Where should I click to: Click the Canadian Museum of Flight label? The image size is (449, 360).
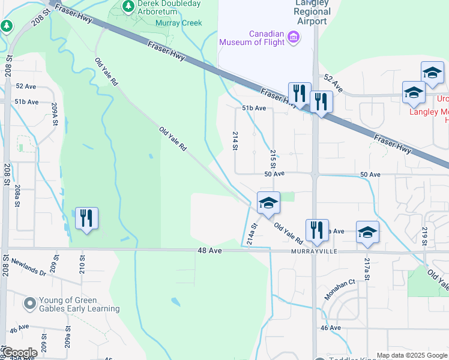click(x=252, y=37)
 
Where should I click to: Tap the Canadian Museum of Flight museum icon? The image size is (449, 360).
click(x=294, y=38)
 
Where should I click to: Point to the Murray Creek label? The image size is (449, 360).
click(x=178, y=23)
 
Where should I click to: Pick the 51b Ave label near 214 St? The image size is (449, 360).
click(x=253, y=108)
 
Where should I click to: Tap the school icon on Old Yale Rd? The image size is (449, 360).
click(x=268, y=203)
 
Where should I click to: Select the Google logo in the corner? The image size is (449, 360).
click(x=20, y=353)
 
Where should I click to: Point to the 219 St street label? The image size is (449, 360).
click(x=424, y=237)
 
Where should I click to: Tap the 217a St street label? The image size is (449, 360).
click(x=367, y=263)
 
